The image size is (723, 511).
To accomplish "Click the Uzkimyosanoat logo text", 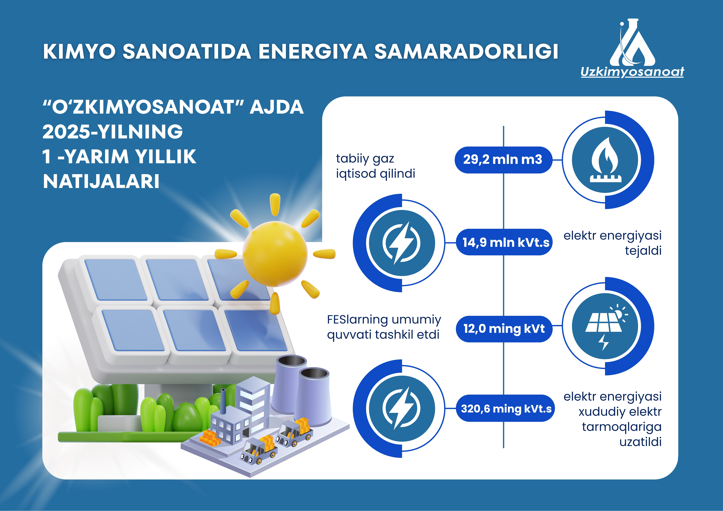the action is tap(632, 72).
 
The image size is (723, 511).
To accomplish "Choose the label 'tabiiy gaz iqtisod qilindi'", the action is tap(375, 166).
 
